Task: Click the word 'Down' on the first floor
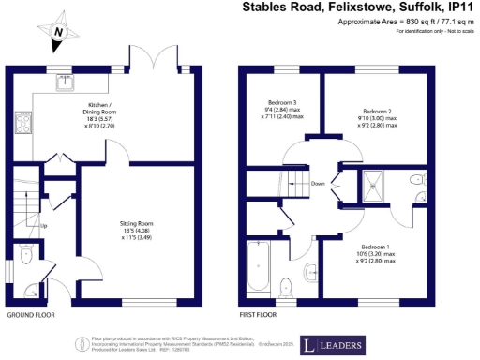318,184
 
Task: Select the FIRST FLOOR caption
259,315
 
